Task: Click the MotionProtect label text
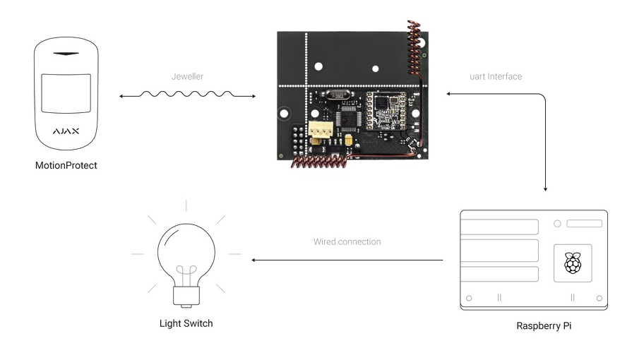66,166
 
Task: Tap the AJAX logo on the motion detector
66,131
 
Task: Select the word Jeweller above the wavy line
187,76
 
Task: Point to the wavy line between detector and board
187,94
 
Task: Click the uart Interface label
496,76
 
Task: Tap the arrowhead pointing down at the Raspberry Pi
546,188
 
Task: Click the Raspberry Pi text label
544,326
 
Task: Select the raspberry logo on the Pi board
572,263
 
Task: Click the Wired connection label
347,241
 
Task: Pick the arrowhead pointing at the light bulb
255,260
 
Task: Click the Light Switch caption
186,323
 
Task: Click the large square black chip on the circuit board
349,114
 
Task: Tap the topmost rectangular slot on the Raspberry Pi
499,227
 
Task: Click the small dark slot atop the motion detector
66,54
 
